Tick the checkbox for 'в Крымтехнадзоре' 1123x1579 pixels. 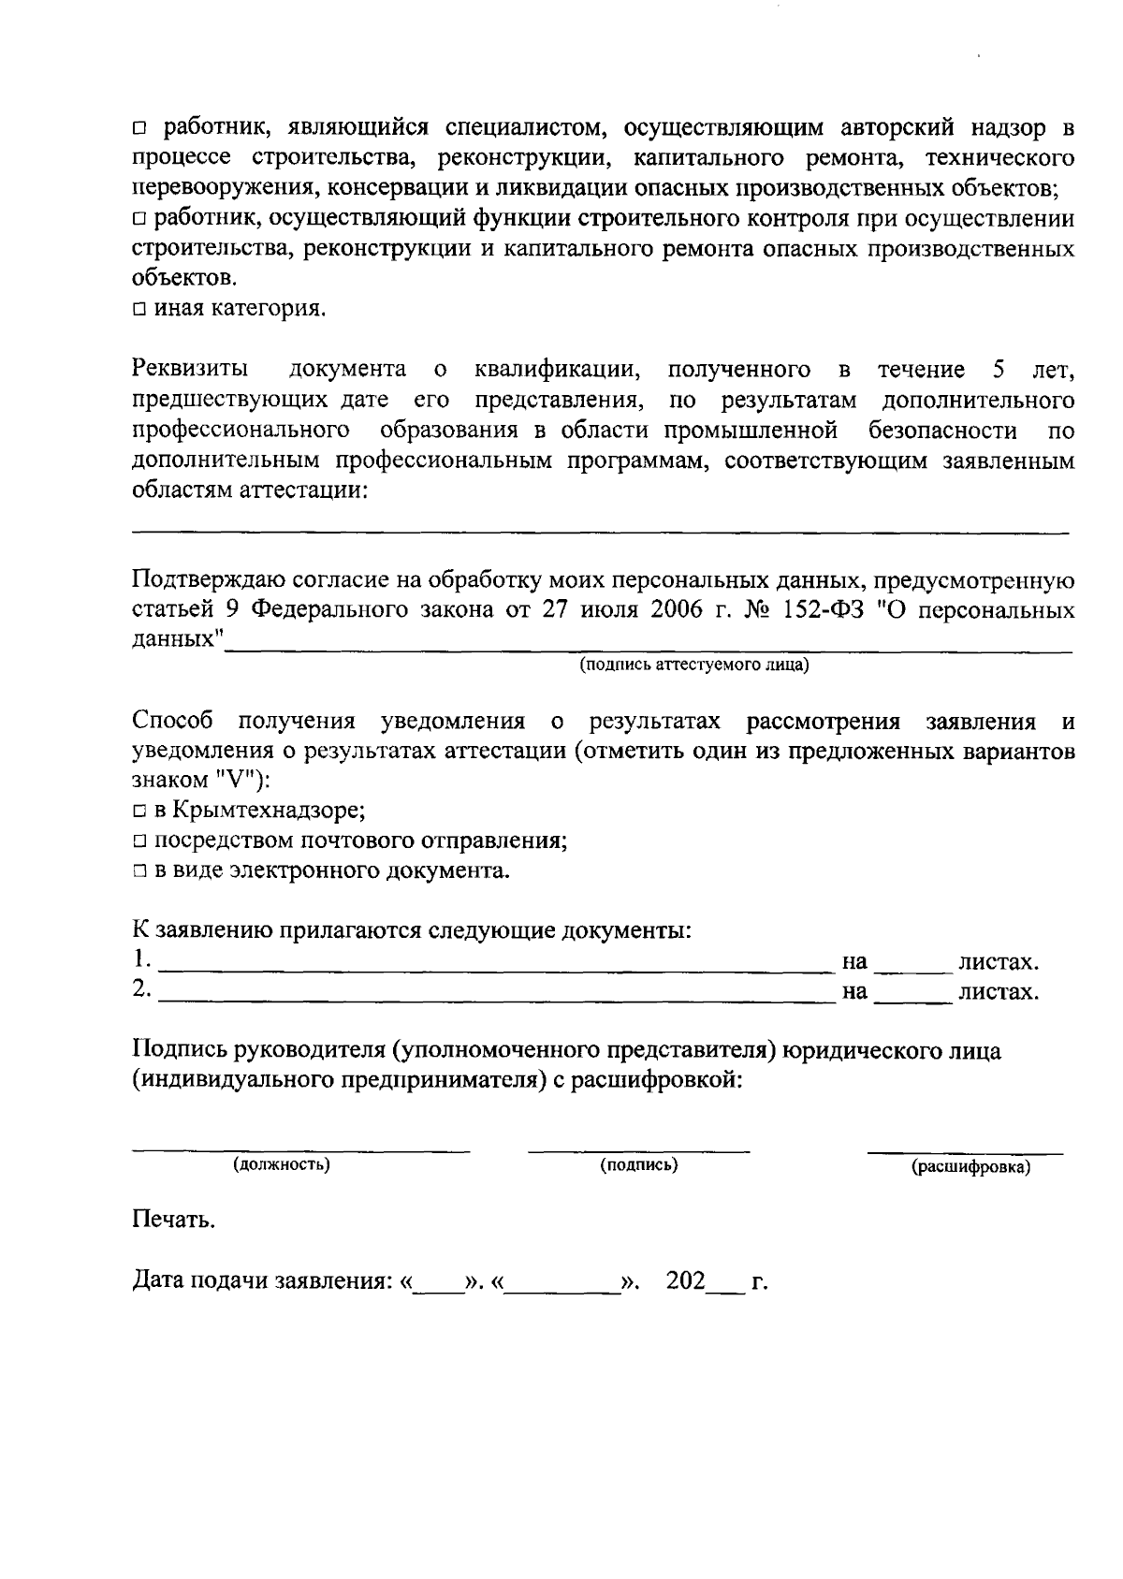139,810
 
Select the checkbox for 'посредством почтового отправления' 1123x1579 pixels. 139,841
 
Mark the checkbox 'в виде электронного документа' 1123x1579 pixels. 139,871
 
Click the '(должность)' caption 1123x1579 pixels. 281,1165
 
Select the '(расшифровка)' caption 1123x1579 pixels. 970,1168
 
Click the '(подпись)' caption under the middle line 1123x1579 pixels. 639,1165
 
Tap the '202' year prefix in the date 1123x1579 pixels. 686,1281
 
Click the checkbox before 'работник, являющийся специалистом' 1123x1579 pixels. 139,127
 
